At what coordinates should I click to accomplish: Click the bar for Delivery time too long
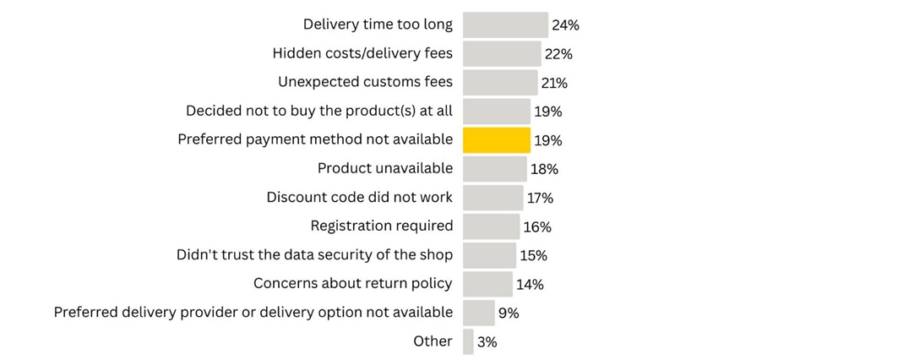click(x=505, y=25)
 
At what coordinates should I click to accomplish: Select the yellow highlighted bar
click(x=497, y=139)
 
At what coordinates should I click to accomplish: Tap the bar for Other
click(x=468, y=341)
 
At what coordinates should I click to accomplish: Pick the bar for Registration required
click(x=491, y=226)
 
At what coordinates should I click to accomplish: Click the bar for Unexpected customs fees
click(x=500, y=82)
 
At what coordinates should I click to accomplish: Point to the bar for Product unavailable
click(x=495, y=168)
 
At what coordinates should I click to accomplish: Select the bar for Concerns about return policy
click(x=487, y=283)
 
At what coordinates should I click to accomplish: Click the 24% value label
click(x=565, y=25)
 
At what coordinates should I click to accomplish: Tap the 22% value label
click(x=558, y=54)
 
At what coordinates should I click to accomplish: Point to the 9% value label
click(x=509, y=313)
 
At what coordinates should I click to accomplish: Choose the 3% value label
click(x=487, y=342)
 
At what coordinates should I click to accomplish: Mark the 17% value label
click(x=540, y=198)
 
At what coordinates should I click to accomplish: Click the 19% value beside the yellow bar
click(x=547, y=140)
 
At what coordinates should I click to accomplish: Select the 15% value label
click(x=533, y=255)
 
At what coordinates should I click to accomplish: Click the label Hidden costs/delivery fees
click(x=362, y=53)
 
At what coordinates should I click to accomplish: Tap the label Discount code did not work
click(x=359, y=197)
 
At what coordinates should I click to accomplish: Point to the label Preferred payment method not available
click(x=315, y=139)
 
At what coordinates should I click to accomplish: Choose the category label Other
click(x=433, y=341)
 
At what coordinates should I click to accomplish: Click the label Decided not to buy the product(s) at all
click(x=319, y=111)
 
